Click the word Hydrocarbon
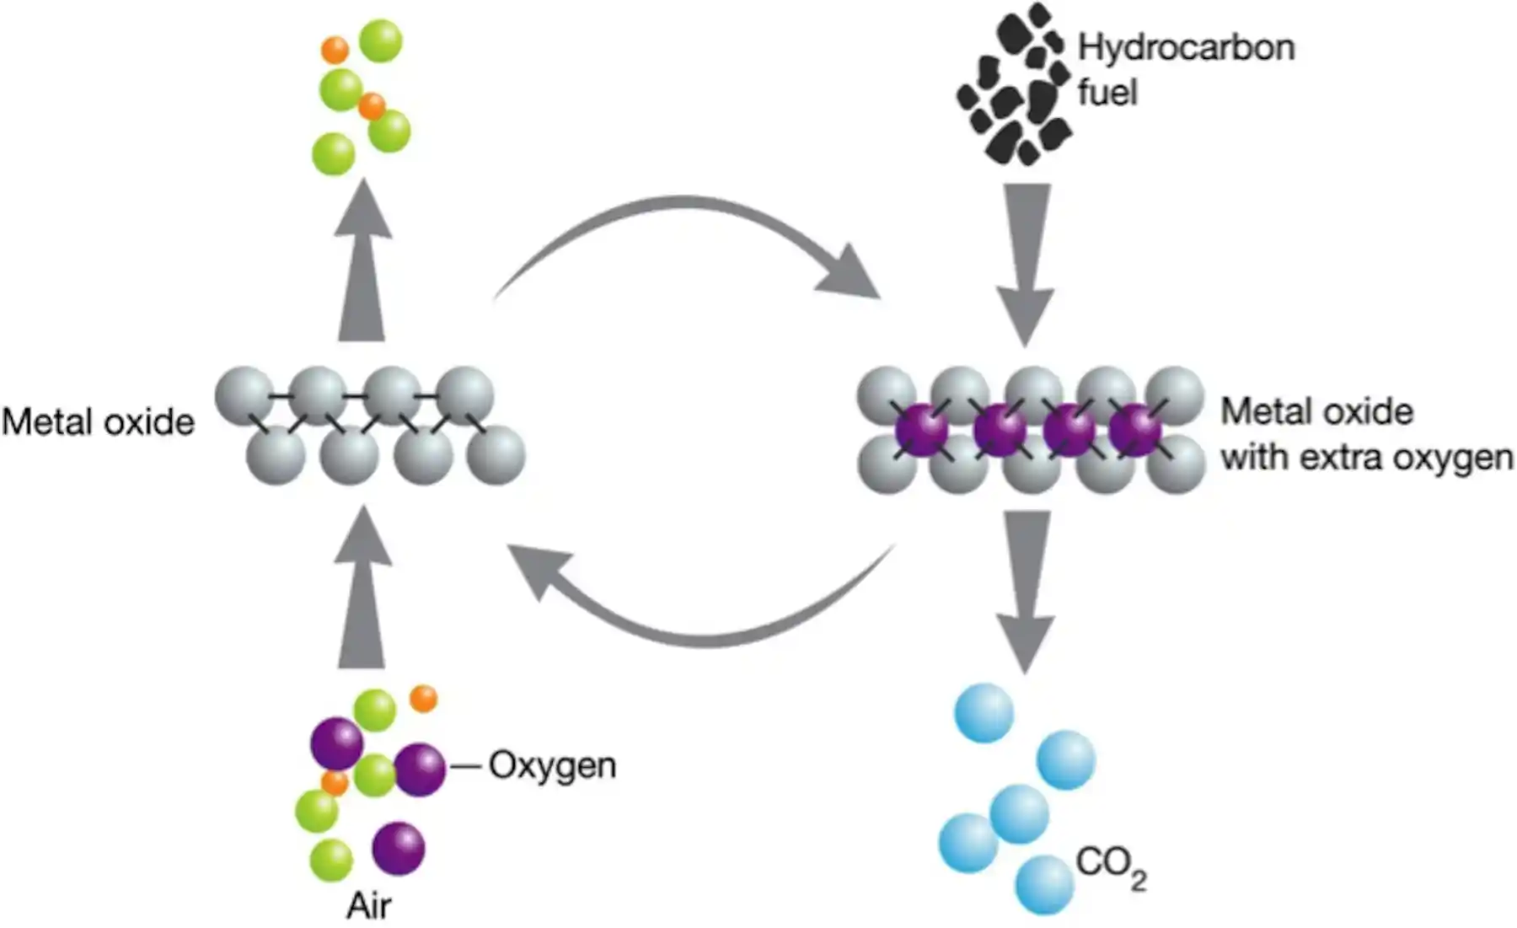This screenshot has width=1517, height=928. [x=1186, y=48]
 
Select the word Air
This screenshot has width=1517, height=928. [x=368, y=906]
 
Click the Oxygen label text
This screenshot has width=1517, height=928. [x=552, y=765]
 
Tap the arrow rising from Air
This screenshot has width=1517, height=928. [x=362, y=590]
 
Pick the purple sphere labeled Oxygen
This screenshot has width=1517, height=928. [x=420, y=770]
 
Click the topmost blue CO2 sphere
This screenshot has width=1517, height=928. [x=984, y=713]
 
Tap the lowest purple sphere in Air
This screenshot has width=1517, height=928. [x=398, y=848]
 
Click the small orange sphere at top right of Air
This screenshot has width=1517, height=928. [x=423, y=699]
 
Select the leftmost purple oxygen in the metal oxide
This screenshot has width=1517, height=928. [x=921, y=428]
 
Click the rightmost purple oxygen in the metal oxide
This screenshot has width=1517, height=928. [x=1135, y=428]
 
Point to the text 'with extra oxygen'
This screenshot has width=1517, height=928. [x=1365, y=458]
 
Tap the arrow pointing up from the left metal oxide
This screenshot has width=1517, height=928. [x=362, y=261]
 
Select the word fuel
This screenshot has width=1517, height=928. [x=1107, y=93]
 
